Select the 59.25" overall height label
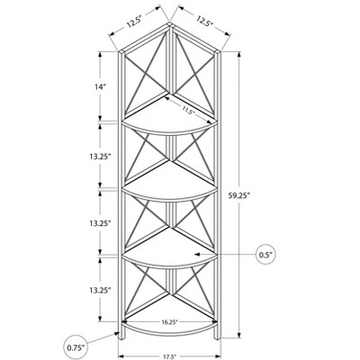(x=239, y=195)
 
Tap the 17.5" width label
(x=170, y=356)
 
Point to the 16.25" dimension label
(x=169, y=321)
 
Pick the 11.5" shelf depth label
(x=188, y=110)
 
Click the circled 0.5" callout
(x=266, y=255)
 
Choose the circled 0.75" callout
(x=75, y=347)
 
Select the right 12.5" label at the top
(x=205, y=21)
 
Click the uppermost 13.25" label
(x=100, y=157)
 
